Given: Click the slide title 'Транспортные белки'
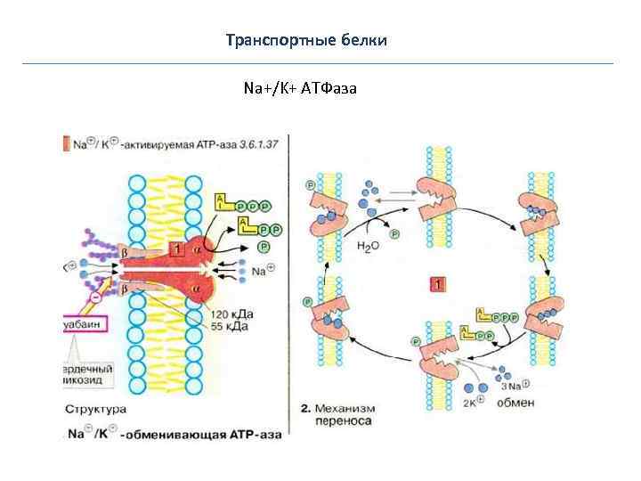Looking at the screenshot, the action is click(306, 41).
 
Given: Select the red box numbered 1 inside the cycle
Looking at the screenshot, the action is click(437, 284).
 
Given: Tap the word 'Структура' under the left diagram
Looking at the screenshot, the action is click(95, 411).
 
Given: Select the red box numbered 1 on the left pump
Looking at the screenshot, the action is click(177, 250).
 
